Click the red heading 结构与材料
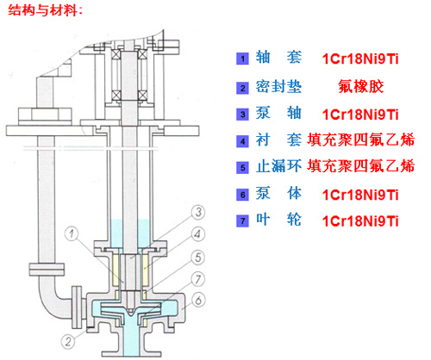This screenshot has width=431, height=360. [45, 11]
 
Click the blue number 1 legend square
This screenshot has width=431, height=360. [242, 59]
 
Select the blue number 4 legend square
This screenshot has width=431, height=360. [242, 141]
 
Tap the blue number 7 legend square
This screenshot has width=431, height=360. [242, 221]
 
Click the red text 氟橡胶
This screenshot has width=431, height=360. [360, 86]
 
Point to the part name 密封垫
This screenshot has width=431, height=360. [278, 86]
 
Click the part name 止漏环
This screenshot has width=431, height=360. [278, 166]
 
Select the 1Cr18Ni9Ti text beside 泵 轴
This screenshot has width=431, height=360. [360, 115]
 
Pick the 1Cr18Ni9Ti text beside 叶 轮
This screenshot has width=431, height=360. [360, 221]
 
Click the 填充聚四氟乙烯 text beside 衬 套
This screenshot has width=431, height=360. [360, 140]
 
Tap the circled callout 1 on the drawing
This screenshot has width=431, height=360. [72, 233]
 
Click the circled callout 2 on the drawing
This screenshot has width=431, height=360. [68, 342]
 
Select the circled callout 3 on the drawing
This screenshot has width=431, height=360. [198, 213]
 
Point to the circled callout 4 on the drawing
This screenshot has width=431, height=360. [198, 234]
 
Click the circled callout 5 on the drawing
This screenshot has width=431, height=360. [198, 258]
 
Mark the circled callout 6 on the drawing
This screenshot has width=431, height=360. [198, 301]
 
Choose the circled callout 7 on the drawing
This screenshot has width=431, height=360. [198, 279]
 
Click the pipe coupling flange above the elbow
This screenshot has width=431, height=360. [47, 270]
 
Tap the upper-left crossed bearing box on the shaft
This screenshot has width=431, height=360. [116, 54]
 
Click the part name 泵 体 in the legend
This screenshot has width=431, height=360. [278, 193]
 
